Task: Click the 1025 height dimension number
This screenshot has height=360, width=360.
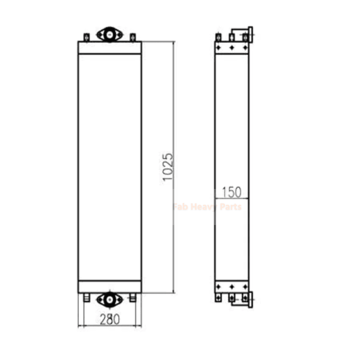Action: click(167, 167)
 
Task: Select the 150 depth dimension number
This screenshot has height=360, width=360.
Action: click(232, 192)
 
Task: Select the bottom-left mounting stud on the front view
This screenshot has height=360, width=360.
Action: click(86, 297)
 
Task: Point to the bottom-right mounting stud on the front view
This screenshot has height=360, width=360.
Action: click(132, 297)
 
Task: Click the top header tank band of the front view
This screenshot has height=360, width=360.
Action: click(109, 48)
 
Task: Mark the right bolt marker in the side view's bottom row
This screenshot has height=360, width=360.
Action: click(245, 287)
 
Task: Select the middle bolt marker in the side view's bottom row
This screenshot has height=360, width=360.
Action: click(232, 287)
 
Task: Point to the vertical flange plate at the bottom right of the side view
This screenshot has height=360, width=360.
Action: click(251, 299)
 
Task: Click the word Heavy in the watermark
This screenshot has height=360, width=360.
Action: click(205, 207)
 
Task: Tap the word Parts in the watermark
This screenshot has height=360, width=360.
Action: click(230, 207)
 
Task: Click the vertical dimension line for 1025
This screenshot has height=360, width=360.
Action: click(174, 112)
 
